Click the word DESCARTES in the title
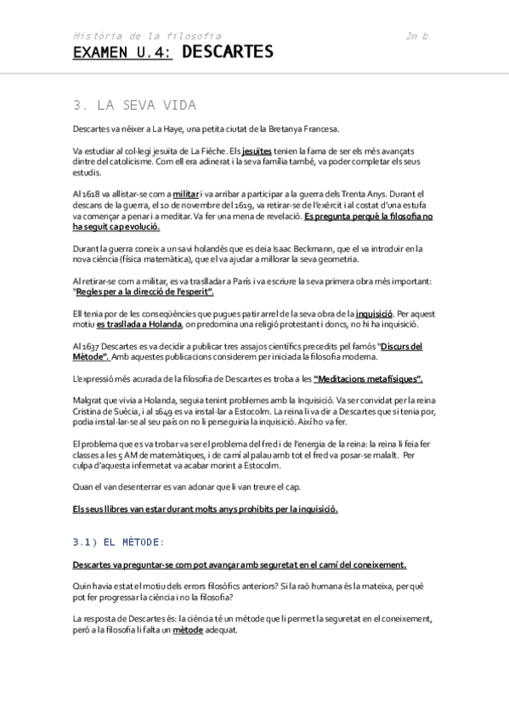228,54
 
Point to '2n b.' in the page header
419,37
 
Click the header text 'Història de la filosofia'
147,37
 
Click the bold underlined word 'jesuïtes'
257,150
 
